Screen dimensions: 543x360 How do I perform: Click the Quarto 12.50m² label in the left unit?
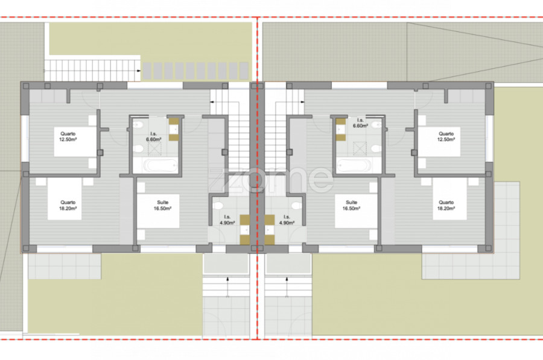pos(68,136)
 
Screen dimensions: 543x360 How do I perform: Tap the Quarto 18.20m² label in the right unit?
pos(446,205)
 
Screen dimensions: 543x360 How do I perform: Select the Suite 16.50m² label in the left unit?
pos(163,205)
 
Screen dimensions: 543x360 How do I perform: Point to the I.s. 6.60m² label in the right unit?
pos(360,123)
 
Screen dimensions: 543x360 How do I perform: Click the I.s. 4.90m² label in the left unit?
pos(227,220)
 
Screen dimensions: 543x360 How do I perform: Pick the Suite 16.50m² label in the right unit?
pos(352,205)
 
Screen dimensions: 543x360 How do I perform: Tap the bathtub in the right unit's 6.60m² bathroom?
pos(354,165)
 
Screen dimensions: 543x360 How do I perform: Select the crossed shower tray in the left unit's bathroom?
pos(155,149)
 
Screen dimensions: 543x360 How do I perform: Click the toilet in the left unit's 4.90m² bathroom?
pos(218,206)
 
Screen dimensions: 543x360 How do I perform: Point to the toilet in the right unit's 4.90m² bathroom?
pos(296,206)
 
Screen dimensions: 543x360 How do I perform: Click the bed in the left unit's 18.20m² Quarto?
pos(65,198)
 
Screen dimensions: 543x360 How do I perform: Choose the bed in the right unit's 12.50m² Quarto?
pos(439,142)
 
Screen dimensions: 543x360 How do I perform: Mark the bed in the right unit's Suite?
pos(356,211)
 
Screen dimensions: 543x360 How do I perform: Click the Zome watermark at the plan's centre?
pos(270,180)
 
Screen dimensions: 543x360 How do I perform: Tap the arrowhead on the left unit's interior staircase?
pos(212,102)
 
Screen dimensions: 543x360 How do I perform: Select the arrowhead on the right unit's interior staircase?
pos(303,102)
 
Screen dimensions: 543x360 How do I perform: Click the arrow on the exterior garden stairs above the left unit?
pos(139,71)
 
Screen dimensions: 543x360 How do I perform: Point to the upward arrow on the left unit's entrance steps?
pos(227,286)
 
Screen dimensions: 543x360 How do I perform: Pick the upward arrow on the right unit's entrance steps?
pos(287,286)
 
